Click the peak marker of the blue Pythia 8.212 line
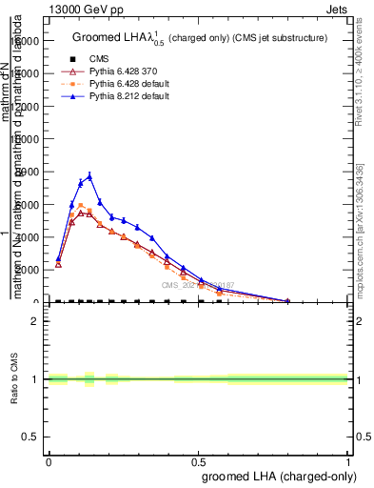click(89, 176)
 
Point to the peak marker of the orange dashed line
click(81, 205)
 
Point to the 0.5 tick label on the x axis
click(199, 462)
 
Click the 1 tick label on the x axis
click(349, 462)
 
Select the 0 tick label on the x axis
click(49, 462)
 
